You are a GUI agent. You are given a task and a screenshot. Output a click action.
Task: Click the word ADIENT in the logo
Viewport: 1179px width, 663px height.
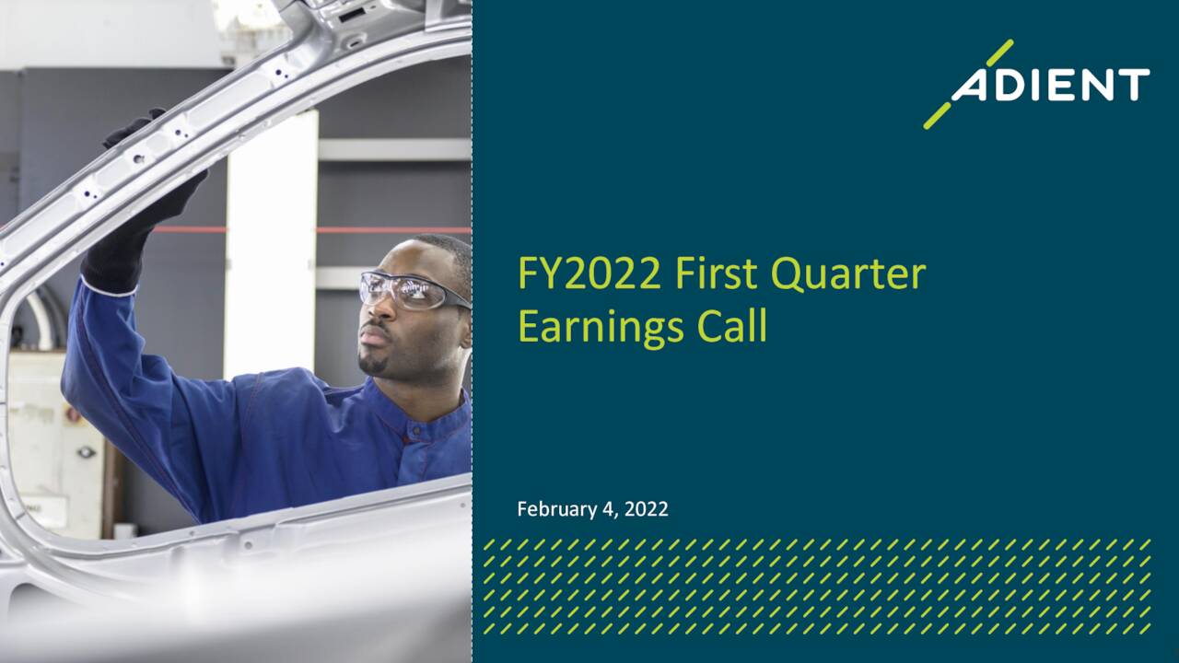click(1051, 85)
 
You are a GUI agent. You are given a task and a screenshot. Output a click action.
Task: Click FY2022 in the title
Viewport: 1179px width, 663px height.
click(589, 274)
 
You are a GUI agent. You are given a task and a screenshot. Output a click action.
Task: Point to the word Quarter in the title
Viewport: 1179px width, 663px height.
click(847, 274)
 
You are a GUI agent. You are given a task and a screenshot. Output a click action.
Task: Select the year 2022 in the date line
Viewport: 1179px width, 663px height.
click(647, 509)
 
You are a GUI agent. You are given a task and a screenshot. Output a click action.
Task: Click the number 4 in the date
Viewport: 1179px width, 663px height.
click(607, 509)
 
